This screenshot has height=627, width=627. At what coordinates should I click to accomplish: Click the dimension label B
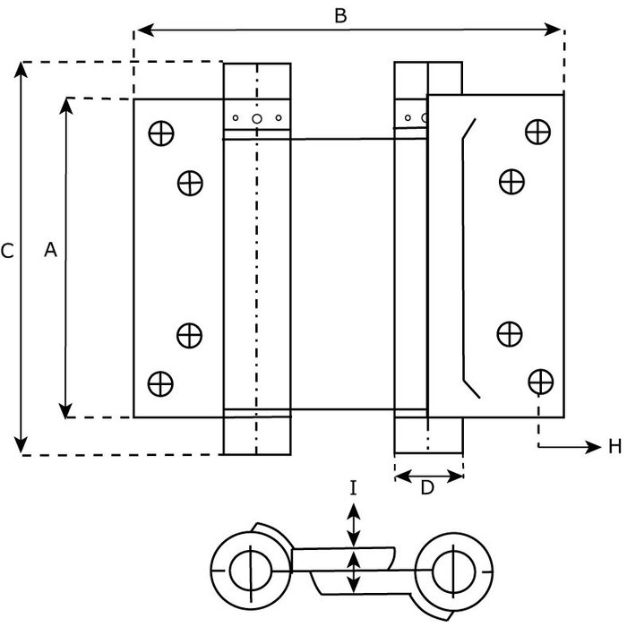point(340,15)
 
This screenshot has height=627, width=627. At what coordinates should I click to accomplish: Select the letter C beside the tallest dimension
point(7,252)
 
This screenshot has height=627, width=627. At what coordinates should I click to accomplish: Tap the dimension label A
point(51,252)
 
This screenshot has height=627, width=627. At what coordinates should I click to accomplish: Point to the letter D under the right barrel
point(427,488)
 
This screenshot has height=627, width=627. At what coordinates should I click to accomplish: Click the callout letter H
point(614,447)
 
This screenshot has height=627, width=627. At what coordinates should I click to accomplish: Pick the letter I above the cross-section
point(354,488)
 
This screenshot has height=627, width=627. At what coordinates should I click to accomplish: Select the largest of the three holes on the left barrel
point(256,117)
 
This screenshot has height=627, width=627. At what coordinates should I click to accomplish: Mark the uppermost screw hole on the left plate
point(161,133)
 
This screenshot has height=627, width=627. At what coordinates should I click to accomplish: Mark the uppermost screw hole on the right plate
point(538,132)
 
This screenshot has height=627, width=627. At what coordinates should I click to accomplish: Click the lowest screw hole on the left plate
point(160,382)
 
